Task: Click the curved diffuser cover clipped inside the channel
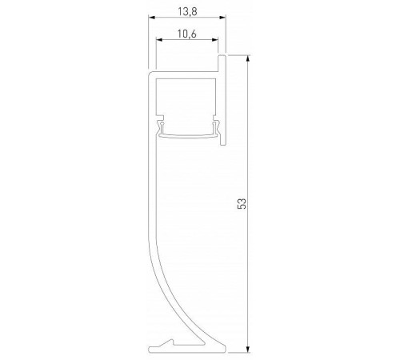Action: pos(188,134)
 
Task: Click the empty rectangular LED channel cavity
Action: pos(188,100)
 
